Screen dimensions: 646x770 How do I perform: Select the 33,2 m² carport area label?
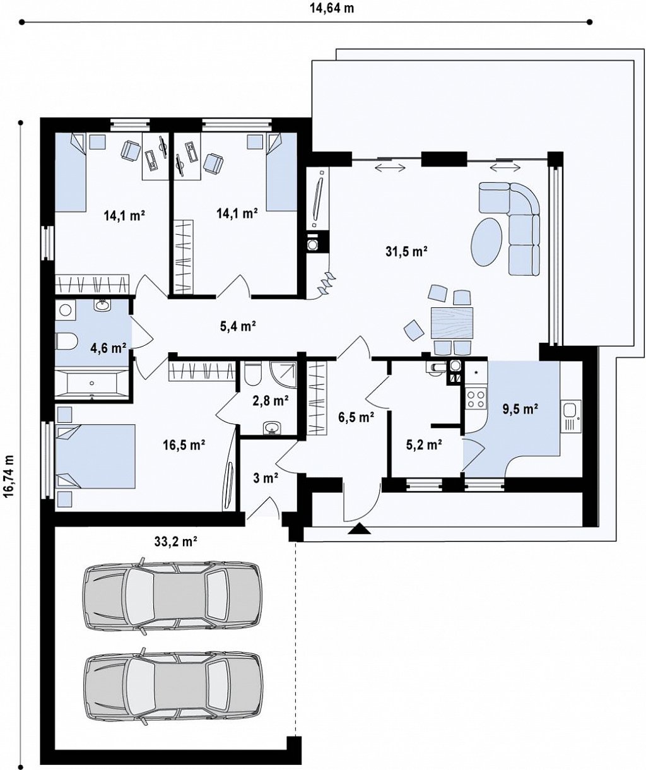pyautogui.click(x=176, y=542)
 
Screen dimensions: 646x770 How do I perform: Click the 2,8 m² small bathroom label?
pyautogui.click(x=271, y=400)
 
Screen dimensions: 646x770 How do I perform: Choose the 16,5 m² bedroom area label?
pyautogui.click(x=184, y=445)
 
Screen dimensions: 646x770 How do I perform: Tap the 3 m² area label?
pyautogui.click(x=266, y=478)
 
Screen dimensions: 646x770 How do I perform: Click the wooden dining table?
pyautogui.click(x=452, y=323)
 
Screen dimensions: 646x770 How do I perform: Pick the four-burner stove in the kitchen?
pyautogui.click(x=476, y=399)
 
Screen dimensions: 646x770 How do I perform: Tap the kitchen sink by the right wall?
pyautogui.click(x=571, y=416)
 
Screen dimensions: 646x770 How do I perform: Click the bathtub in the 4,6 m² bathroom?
pyautogui.click(x=91, y=383)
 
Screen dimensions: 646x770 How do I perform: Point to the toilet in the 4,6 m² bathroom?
pyautogui.click(x=66, y=340)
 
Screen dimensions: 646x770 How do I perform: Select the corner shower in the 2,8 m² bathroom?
pyautogui.click(x=283, y=374)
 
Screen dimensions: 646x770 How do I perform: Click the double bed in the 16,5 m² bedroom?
pyautogui.click(x=95, y=456)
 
